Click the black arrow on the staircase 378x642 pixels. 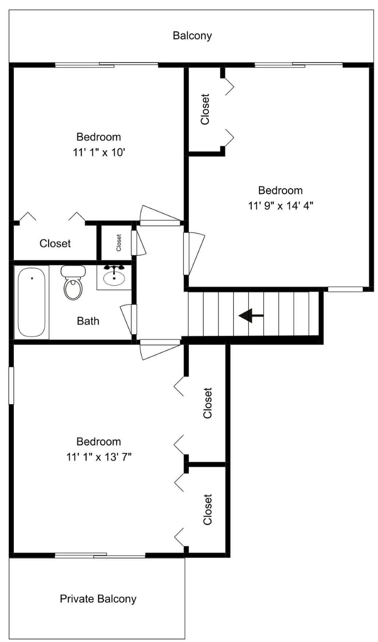click(251, 315)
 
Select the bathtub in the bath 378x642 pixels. click(31, 302)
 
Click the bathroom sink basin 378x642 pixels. click(114, 278)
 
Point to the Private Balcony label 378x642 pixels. click(98, 598)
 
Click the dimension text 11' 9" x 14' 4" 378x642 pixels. click(280, 206)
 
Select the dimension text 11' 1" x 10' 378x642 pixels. click(99, 153)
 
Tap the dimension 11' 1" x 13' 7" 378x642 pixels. click(99, 457)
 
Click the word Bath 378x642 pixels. click(88, 321)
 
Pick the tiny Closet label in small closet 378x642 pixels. click(119, 243)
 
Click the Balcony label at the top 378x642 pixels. click(192, 36)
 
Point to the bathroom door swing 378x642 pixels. click(128, 319)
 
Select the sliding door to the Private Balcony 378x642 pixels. click(100, 555)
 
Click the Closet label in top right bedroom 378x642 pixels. click(205, 109)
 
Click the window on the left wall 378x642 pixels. click(11, 385)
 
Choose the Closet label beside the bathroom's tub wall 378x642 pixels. click(55, 243)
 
